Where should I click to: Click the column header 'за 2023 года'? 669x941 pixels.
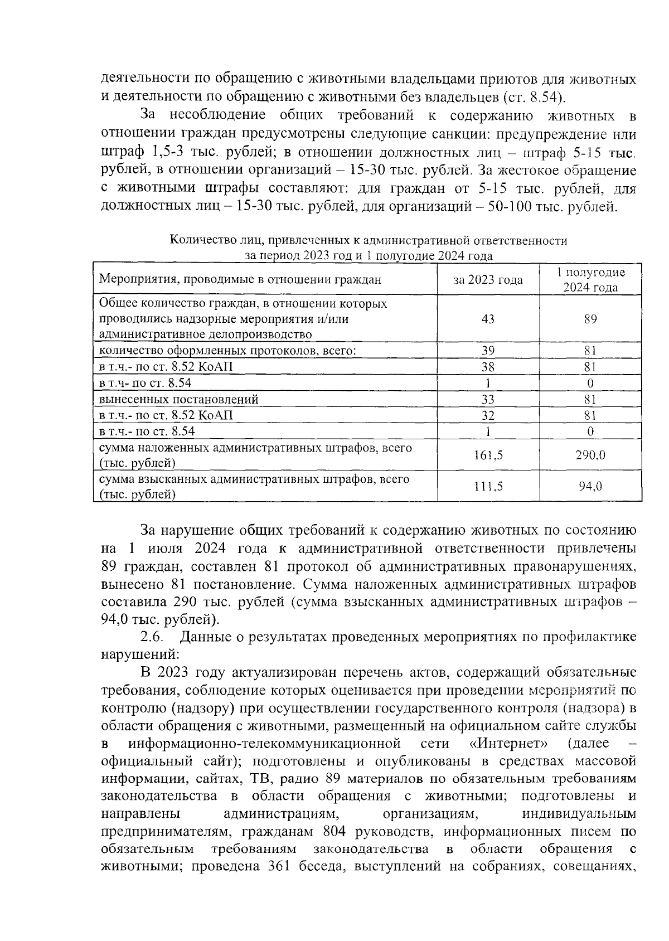488,280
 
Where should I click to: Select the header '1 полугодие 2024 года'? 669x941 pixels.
590,280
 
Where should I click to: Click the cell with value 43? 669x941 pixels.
488,319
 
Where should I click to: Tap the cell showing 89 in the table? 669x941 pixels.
590,319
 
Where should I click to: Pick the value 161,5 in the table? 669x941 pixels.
488,455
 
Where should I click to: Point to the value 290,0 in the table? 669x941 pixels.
590,455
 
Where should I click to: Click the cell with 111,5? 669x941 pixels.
488,486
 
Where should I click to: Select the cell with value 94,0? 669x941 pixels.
590,486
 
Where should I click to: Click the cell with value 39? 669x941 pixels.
488,351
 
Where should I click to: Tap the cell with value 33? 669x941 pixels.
488,399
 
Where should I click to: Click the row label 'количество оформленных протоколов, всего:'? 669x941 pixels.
227,351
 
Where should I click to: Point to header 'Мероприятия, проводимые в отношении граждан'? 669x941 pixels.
240,280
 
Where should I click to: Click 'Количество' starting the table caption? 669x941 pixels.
196,241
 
